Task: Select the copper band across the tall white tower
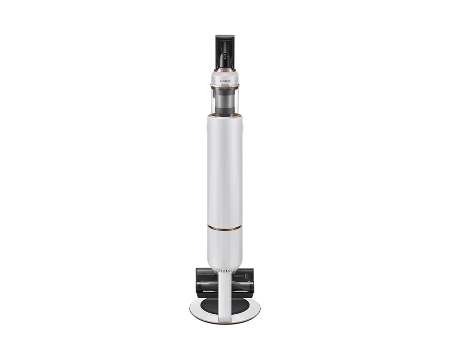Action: [225, 228]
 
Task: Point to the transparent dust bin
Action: [225, 100]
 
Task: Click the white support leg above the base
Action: [225, 293]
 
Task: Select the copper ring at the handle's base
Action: [225, 69]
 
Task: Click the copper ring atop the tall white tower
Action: [225, 116]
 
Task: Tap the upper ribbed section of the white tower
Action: [225, 170]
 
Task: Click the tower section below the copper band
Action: [225, 247]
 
